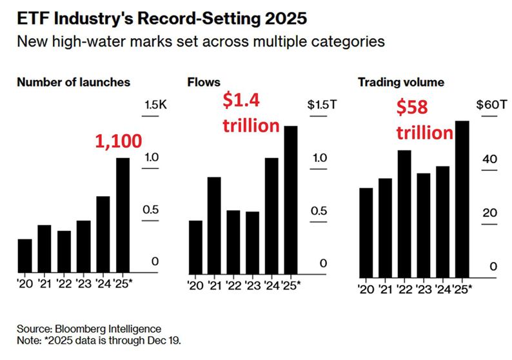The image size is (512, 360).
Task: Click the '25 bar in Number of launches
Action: point(123,215)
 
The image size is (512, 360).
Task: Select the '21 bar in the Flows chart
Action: point(215,224)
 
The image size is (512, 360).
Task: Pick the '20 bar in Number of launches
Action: point(25,255)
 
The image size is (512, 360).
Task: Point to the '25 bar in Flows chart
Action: point(291,199)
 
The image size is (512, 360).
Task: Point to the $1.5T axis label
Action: point(319,105)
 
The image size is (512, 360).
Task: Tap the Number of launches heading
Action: point(74,83)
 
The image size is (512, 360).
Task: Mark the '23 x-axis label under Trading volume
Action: point(422,288)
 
